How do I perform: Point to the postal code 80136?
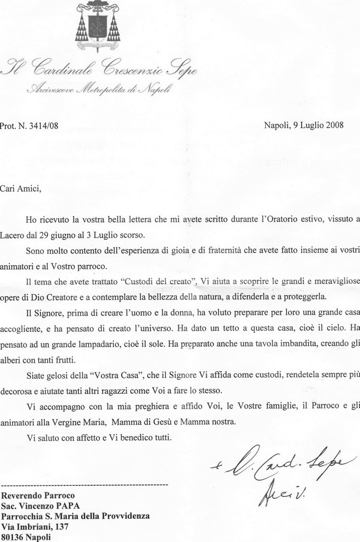pyautogui.click(x=13, y=537)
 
